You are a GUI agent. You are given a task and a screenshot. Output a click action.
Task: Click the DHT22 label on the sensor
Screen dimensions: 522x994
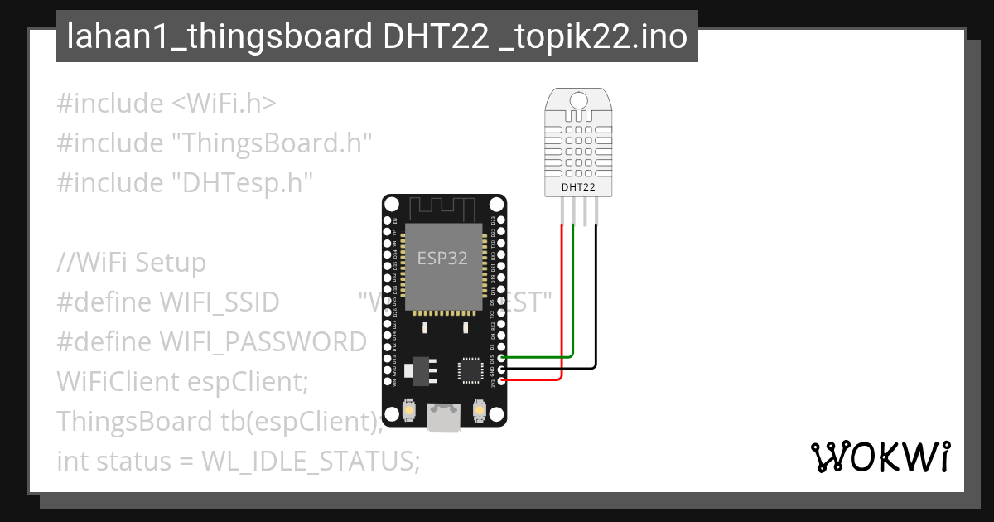pos(578,187)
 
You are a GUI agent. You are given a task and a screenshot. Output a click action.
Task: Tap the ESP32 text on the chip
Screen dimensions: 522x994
pos(442,259)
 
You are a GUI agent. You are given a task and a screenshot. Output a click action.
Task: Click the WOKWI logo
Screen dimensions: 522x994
pos(880,457)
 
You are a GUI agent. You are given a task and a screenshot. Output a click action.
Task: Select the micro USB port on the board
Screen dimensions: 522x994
pos(444,417)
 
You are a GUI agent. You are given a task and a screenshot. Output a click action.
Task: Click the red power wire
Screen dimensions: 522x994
pos(563,307)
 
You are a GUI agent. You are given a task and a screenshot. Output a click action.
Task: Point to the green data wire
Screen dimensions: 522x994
pos(574,298)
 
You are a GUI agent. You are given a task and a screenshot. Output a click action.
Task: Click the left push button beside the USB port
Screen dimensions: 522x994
pos(408,409)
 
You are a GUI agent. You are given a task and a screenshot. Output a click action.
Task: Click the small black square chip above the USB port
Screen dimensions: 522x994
pos(470,370)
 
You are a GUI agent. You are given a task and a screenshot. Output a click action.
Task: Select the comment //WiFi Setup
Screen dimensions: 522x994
pos(131,263)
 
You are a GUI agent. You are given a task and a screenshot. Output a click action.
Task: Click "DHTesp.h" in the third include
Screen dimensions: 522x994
pos(242,182)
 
